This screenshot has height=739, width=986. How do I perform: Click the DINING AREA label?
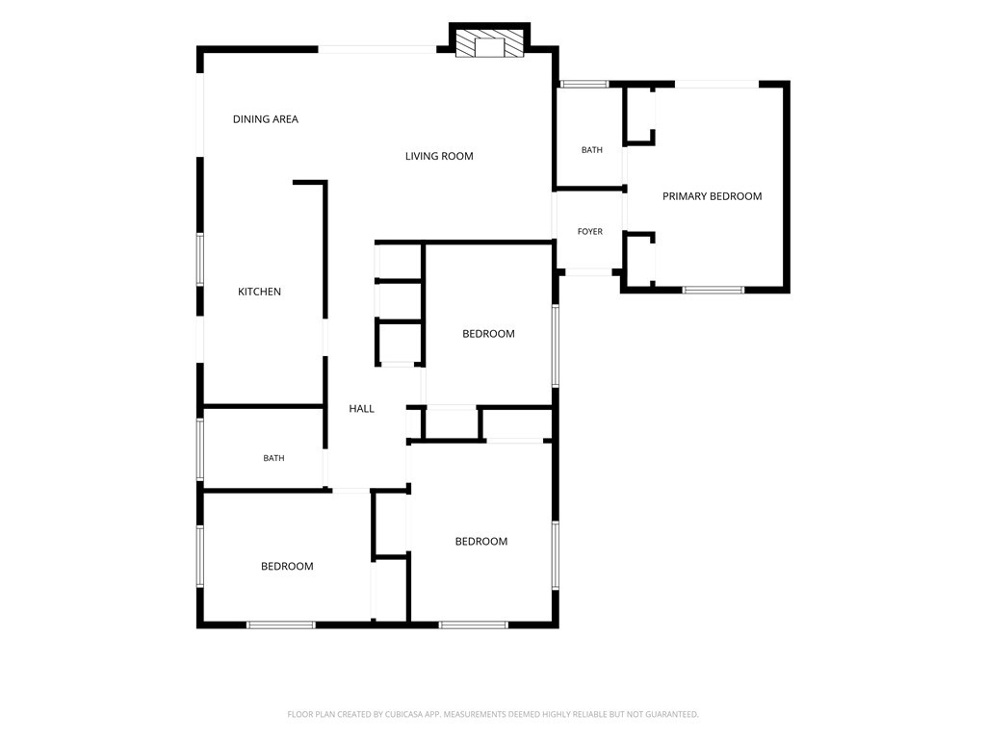[x=266, y=118]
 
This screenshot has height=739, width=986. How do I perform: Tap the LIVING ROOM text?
[x=439, y=156]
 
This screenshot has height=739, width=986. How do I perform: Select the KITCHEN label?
[x=259, y=292]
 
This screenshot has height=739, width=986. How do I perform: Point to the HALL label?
[x=362, y=408]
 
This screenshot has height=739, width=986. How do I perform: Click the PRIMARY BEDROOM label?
[x=712, y=196]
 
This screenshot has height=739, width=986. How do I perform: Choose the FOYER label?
[x=590, y=231]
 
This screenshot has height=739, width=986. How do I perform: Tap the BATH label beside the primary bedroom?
[x=592, y=149]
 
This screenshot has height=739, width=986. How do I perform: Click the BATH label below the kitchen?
[x=273, y=458]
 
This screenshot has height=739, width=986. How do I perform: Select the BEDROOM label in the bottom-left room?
[x=287, y=566]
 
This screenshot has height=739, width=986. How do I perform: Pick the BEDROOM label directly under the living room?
[x=488, y=334]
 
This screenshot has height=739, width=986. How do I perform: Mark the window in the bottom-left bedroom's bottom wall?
[x=280, y=624]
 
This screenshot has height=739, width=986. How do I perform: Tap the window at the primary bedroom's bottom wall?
[x=714, y=290]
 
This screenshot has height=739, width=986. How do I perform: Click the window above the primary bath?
[x=584, y=84]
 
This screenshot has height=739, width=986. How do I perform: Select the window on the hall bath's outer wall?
[x=200, y=449]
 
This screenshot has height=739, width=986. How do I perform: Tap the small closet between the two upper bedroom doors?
[x=452, y=423]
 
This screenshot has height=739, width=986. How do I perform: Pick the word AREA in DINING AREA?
[x=284, y=118]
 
